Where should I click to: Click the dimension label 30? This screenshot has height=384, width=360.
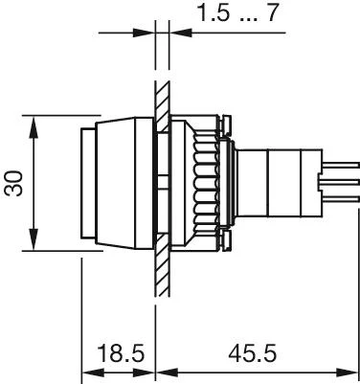coord(13,184)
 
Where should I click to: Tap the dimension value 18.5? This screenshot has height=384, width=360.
coord(121,353)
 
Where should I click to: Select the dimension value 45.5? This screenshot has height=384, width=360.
coord(252,353)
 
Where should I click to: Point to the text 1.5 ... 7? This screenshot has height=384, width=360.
coord(238,12)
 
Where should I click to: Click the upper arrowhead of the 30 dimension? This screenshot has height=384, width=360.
coord(34,126)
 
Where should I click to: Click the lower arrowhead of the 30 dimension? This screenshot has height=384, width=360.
coord(34,239)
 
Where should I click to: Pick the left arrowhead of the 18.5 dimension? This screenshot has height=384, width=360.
coord(93,373)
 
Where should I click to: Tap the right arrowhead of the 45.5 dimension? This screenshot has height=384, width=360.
coord(348,373)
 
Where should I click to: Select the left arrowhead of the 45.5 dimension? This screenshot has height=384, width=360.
coord(168,373)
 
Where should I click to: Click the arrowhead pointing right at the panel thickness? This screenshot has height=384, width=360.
coord(144,33)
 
